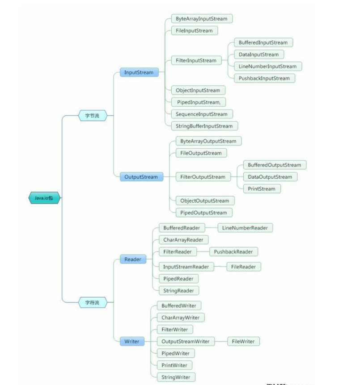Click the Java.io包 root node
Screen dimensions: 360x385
[x=44, y=197]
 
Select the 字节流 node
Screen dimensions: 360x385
[x=92, y=116]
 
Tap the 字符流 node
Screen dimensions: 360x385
[x=92, y=302]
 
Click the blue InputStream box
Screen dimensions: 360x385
[x=139, y=72]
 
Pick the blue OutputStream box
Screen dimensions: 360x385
[x=141, y=177]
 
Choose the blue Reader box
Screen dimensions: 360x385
[x=132, y=259]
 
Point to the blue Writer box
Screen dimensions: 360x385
[x=131, y=341]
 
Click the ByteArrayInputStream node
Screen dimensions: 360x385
[x=202, y=19]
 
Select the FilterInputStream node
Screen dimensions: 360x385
[x=196, y=60]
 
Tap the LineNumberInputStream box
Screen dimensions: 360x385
[x=267, y=66]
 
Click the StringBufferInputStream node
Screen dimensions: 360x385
[x=204, y=126]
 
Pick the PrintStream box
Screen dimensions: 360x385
[x=262, y=188]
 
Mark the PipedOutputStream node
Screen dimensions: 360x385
[x=203, y=213]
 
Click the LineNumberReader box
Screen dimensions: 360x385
[x=245, y=228]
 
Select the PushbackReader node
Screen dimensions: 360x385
[x=233, y=251]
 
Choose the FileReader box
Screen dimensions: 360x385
[x=244, y=267]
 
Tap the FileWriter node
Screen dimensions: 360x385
[x=243, y=341]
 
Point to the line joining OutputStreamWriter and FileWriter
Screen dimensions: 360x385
[x=220, y=341]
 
